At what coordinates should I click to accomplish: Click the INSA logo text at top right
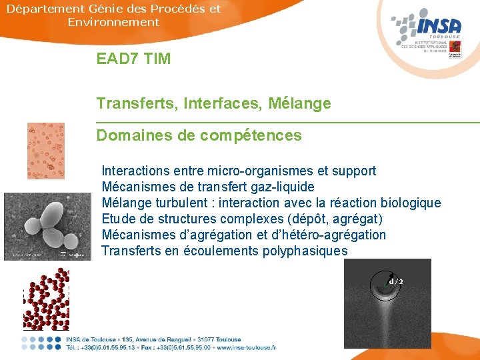pyautogui.click(x=438, y=26)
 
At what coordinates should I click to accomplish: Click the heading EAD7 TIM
pyautogui.click(x=133, y=59)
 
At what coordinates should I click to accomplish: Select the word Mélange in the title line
pyautogui.click(x=299, y=103)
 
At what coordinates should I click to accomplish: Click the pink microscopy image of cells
pyautogui.click(x=46, y=151)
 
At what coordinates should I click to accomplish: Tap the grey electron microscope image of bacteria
pyautogui.click(x=47, y=226)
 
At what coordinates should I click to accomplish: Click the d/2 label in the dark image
pyautogui.click(x=396, y=281)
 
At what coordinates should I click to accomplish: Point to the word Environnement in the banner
pyautogui.click(x=113, y=22)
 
